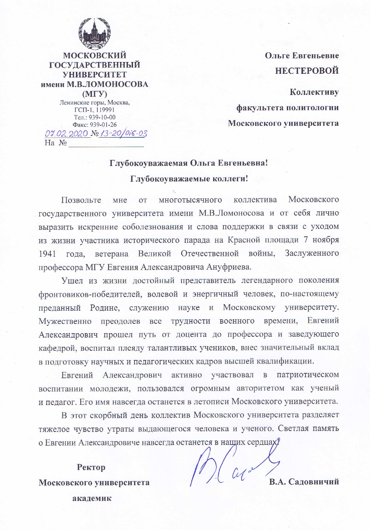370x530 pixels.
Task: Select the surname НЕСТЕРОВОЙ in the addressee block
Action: coord(307,71)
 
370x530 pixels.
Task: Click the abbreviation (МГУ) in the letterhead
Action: coord(95,93)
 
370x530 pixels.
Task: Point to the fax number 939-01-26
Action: coord(103,125)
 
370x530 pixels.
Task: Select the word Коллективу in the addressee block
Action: coord(314,92)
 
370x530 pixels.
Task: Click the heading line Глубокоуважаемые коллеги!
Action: coord(189,179)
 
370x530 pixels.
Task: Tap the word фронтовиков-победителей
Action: coord(90,294)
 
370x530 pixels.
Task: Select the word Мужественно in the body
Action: coord(65,321)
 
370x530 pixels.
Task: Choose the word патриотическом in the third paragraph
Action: coord(307,375)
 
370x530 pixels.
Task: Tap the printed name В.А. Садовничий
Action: coord(304,482)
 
